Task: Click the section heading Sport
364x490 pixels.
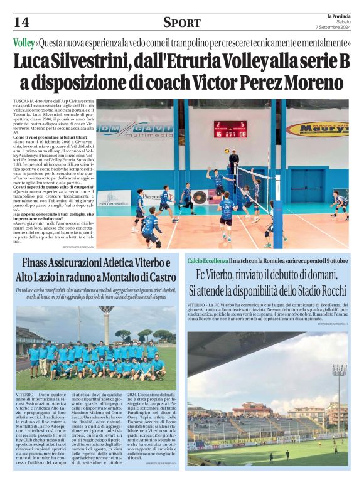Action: point(181,23)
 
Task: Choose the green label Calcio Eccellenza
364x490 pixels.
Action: point(211,260)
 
